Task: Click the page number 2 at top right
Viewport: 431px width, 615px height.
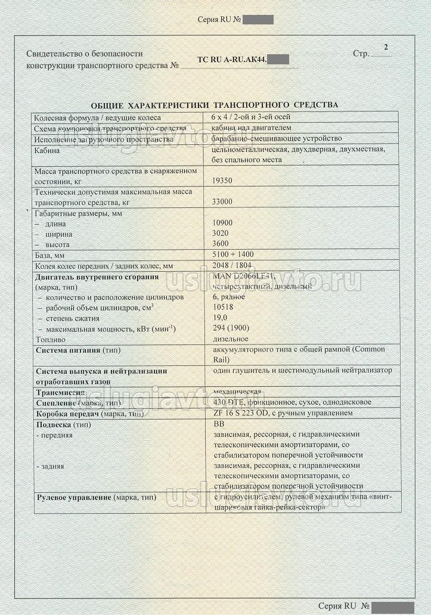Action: pyautogui.click(x=386, y=46)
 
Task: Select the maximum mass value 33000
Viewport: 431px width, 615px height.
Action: pyautogui.click(x=222, y=201)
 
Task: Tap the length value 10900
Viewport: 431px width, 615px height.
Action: pyautogui.click(x=222, y=223)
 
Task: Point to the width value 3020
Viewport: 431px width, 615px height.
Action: pyautogui.click(x=221, y=233)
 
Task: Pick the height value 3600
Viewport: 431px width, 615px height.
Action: pyautogui.click(x=221, y=244)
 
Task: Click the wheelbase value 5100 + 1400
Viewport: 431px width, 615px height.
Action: pyautogui.click(x=233, y=254)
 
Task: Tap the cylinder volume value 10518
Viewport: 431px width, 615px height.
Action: pyautogui.click(x=222, y=307)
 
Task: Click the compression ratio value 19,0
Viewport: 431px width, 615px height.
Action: pyautogui.click(x=220, y=318)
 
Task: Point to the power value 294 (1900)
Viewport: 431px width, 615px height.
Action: pyautogui.click(x=231, y=328)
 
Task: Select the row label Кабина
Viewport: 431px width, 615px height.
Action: pyautogui.click(x=47, y=151)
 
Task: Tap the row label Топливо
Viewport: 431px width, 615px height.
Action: pyautogui.click(x=50, y=339)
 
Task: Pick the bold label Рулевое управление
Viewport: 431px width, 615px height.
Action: pyautogui.click(x=74, y=497)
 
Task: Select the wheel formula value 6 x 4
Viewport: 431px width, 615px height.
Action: pyautogui.click(x=224, y=117)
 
